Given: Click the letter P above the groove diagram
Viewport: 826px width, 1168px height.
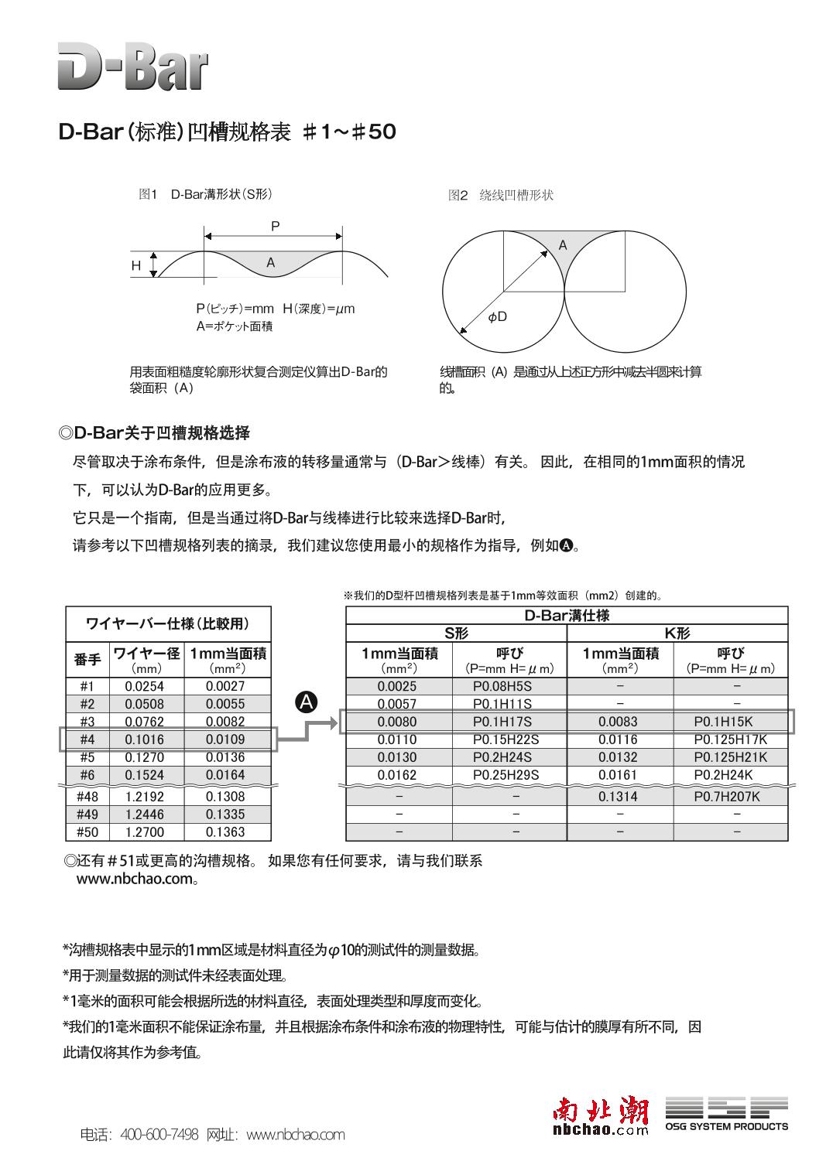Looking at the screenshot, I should coord(275,227).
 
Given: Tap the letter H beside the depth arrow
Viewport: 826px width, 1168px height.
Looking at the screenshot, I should coord(136,266).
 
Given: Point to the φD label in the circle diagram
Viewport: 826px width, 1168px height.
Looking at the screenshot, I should coord(498,317).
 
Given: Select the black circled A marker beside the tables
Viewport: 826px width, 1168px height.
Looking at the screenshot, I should coord(307,702).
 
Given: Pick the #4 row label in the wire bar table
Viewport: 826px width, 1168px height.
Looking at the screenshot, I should coord(87,739).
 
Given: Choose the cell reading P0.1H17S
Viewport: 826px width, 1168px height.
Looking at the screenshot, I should coord(502,722).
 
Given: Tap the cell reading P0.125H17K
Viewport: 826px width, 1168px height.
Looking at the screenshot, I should coord(729,739).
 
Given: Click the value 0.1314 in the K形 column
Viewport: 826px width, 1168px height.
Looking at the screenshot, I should coord(618,796).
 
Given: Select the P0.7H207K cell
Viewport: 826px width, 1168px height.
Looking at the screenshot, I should coord(726,796).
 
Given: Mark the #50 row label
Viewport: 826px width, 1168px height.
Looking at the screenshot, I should coord(87,832).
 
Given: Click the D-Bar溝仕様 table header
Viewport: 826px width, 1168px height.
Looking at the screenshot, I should coord(567,616).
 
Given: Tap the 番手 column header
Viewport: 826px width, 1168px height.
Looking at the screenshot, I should coord(87,660).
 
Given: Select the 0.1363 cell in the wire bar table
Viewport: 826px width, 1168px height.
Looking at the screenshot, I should coord(225,832).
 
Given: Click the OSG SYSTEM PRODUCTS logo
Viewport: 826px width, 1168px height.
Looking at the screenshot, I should coord(726,1115).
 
